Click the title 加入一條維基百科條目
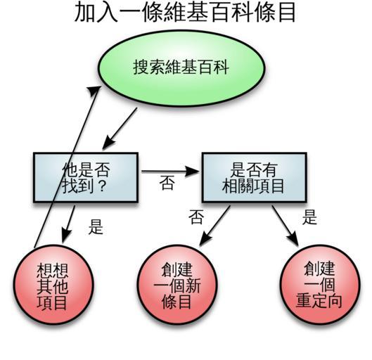coord(185,13)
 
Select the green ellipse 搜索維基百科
coord(181,68)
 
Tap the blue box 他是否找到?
coord(86,177)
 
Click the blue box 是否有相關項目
coord(255,177)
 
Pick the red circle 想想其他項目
coord(53,284)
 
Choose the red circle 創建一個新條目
coord(177,284)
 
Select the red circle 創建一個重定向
coord(320,284)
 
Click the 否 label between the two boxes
coord(167,183)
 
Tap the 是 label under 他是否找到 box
coord(96,226)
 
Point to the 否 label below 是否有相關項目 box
coord(196,217)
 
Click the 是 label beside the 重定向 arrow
coord(310,217)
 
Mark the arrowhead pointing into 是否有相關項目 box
coord(192,172)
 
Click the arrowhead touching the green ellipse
coord(94,90)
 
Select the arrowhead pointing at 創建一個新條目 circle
coord(205,240)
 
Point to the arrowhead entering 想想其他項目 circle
coord(66,236)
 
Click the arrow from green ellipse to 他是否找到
coord(120,129)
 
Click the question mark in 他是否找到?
coord(102,186)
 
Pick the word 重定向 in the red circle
coord(319,301)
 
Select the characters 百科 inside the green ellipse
coord(214,67)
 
